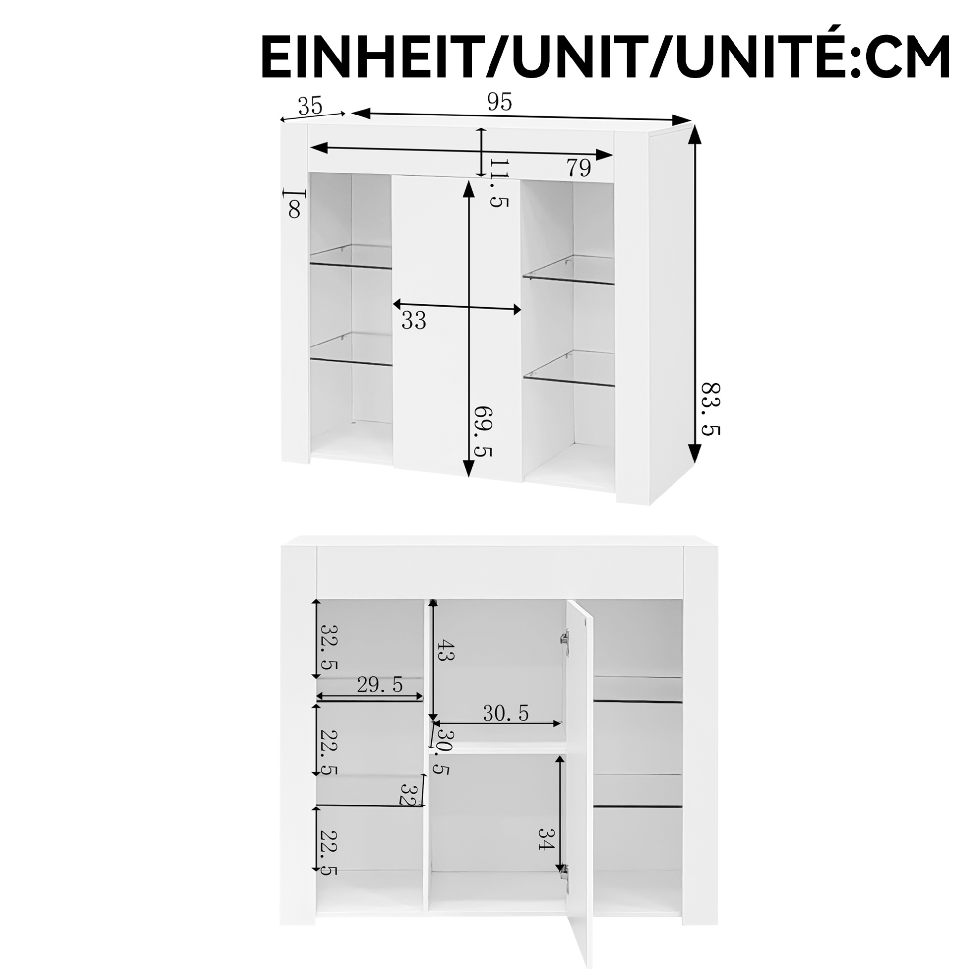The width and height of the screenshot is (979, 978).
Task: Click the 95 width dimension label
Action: point(499,102)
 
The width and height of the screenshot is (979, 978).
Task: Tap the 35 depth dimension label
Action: point(310,106)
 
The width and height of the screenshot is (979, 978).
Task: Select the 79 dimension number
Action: point(578,168)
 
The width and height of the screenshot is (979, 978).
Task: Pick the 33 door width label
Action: point(414,320)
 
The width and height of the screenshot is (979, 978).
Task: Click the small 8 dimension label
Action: point(294,209)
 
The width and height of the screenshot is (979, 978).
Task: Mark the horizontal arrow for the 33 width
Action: point(457,307)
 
